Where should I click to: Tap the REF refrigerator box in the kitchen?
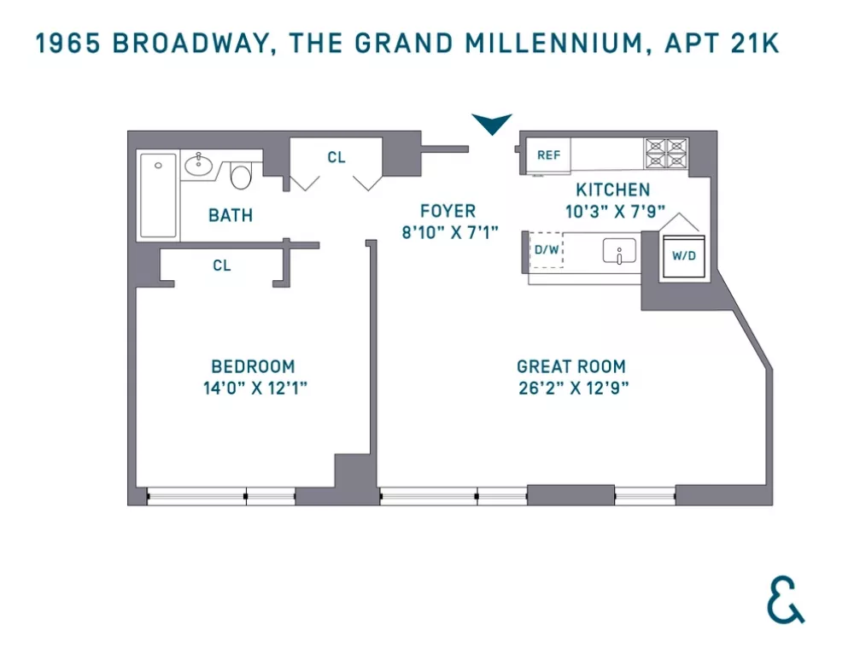548,155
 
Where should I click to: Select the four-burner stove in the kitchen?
666,153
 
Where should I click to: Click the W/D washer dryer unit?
684,256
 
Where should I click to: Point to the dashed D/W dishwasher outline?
547,250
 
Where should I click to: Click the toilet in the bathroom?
241,175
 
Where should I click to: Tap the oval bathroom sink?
198,165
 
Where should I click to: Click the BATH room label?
231,216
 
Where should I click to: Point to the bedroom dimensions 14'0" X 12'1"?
255,388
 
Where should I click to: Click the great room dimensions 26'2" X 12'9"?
574,388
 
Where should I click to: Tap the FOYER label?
448,211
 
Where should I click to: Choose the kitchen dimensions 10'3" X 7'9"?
616,211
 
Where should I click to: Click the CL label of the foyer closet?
336,157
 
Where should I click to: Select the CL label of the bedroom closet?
222,266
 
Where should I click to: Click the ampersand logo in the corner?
786,599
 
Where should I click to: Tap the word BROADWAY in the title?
190,44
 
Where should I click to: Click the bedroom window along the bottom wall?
221,496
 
